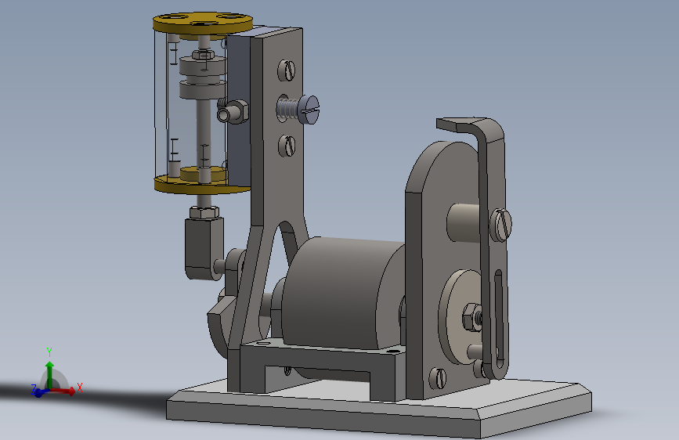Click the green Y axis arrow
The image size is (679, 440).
coord(49,373)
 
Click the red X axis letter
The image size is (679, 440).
coord(79,388)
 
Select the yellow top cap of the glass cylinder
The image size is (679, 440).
coord(203,23)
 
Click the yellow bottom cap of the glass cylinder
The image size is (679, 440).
coord(202,184)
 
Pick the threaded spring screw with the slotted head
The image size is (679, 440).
coord(299,109)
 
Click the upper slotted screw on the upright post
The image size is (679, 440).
coord(286,70)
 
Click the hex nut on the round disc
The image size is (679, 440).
coord(471,317)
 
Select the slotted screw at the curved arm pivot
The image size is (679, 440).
coord(500,225)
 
